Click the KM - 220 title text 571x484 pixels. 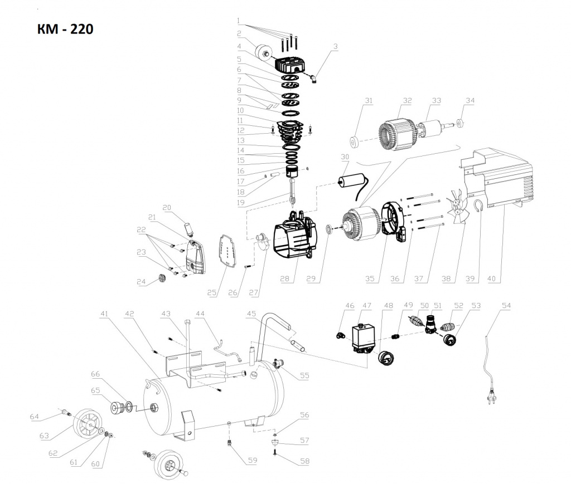click(65, 29)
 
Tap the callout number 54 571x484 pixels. click(506, 306)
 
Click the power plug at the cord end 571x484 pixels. click(491, 395)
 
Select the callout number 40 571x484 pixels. click(491, 279)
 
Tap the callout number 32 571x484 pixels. click(407, 101)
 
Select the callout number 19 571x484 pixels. click(241, 203)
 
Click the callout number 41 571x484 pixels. click(104, 314)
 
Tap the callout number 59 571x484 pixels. click(253, 461)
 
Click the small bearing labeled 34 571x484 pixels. click(459, 123)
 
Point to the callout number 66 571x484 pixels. click(95, 374)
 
